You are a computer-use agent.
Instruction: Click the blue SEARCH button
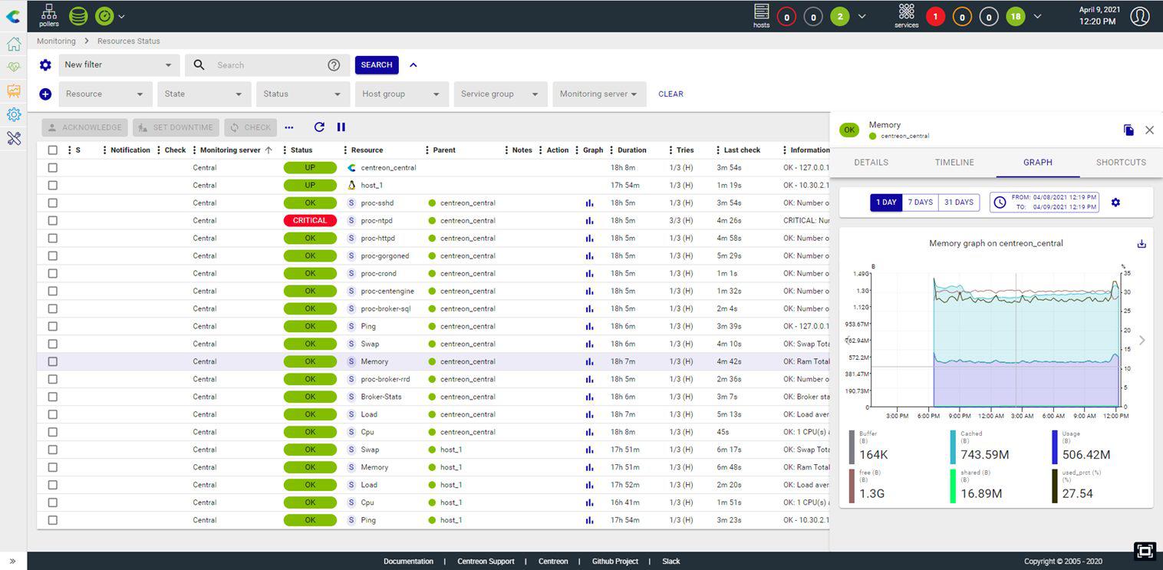coord(376,65)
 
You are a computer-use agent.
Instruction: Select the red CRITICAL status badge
coord(310,221)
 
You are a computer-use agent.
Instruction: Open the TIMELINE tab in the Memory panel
coord(954,163)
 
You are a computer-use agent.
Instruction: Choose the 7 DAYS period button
coord(920,203)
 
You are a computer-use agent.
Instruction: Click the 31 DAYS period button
coord(959,203)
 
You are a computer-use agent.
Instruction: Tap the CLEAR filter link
coord(670,94)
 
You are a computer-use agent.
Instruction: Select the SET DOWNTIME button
coord(176,127)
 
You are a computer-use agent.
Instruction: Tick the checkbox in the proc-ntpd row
coord(53,221)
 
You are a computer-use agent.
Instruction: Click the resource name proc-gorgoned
coord(385,256)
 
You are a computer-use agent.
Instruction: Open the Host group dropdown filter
coord(400,94)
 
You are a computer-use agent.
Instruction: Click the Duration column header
coord(631,150)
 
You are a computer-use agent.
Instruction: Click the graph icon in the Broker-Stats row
coord(589,397)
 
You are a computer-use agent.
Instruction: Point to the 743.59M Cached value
coord(984,455)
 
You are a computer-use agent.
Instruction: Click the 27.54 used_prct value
coord(1078,494)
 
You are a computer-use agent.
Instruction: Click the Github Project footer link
coord(614,562)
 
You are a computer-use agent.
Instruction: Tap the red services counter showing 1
coord(934,16)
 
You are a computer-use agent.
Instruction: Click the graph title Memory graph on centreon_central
coord(996,244)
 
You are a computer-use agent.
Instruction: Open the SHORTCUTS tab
coord(1121,163)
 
